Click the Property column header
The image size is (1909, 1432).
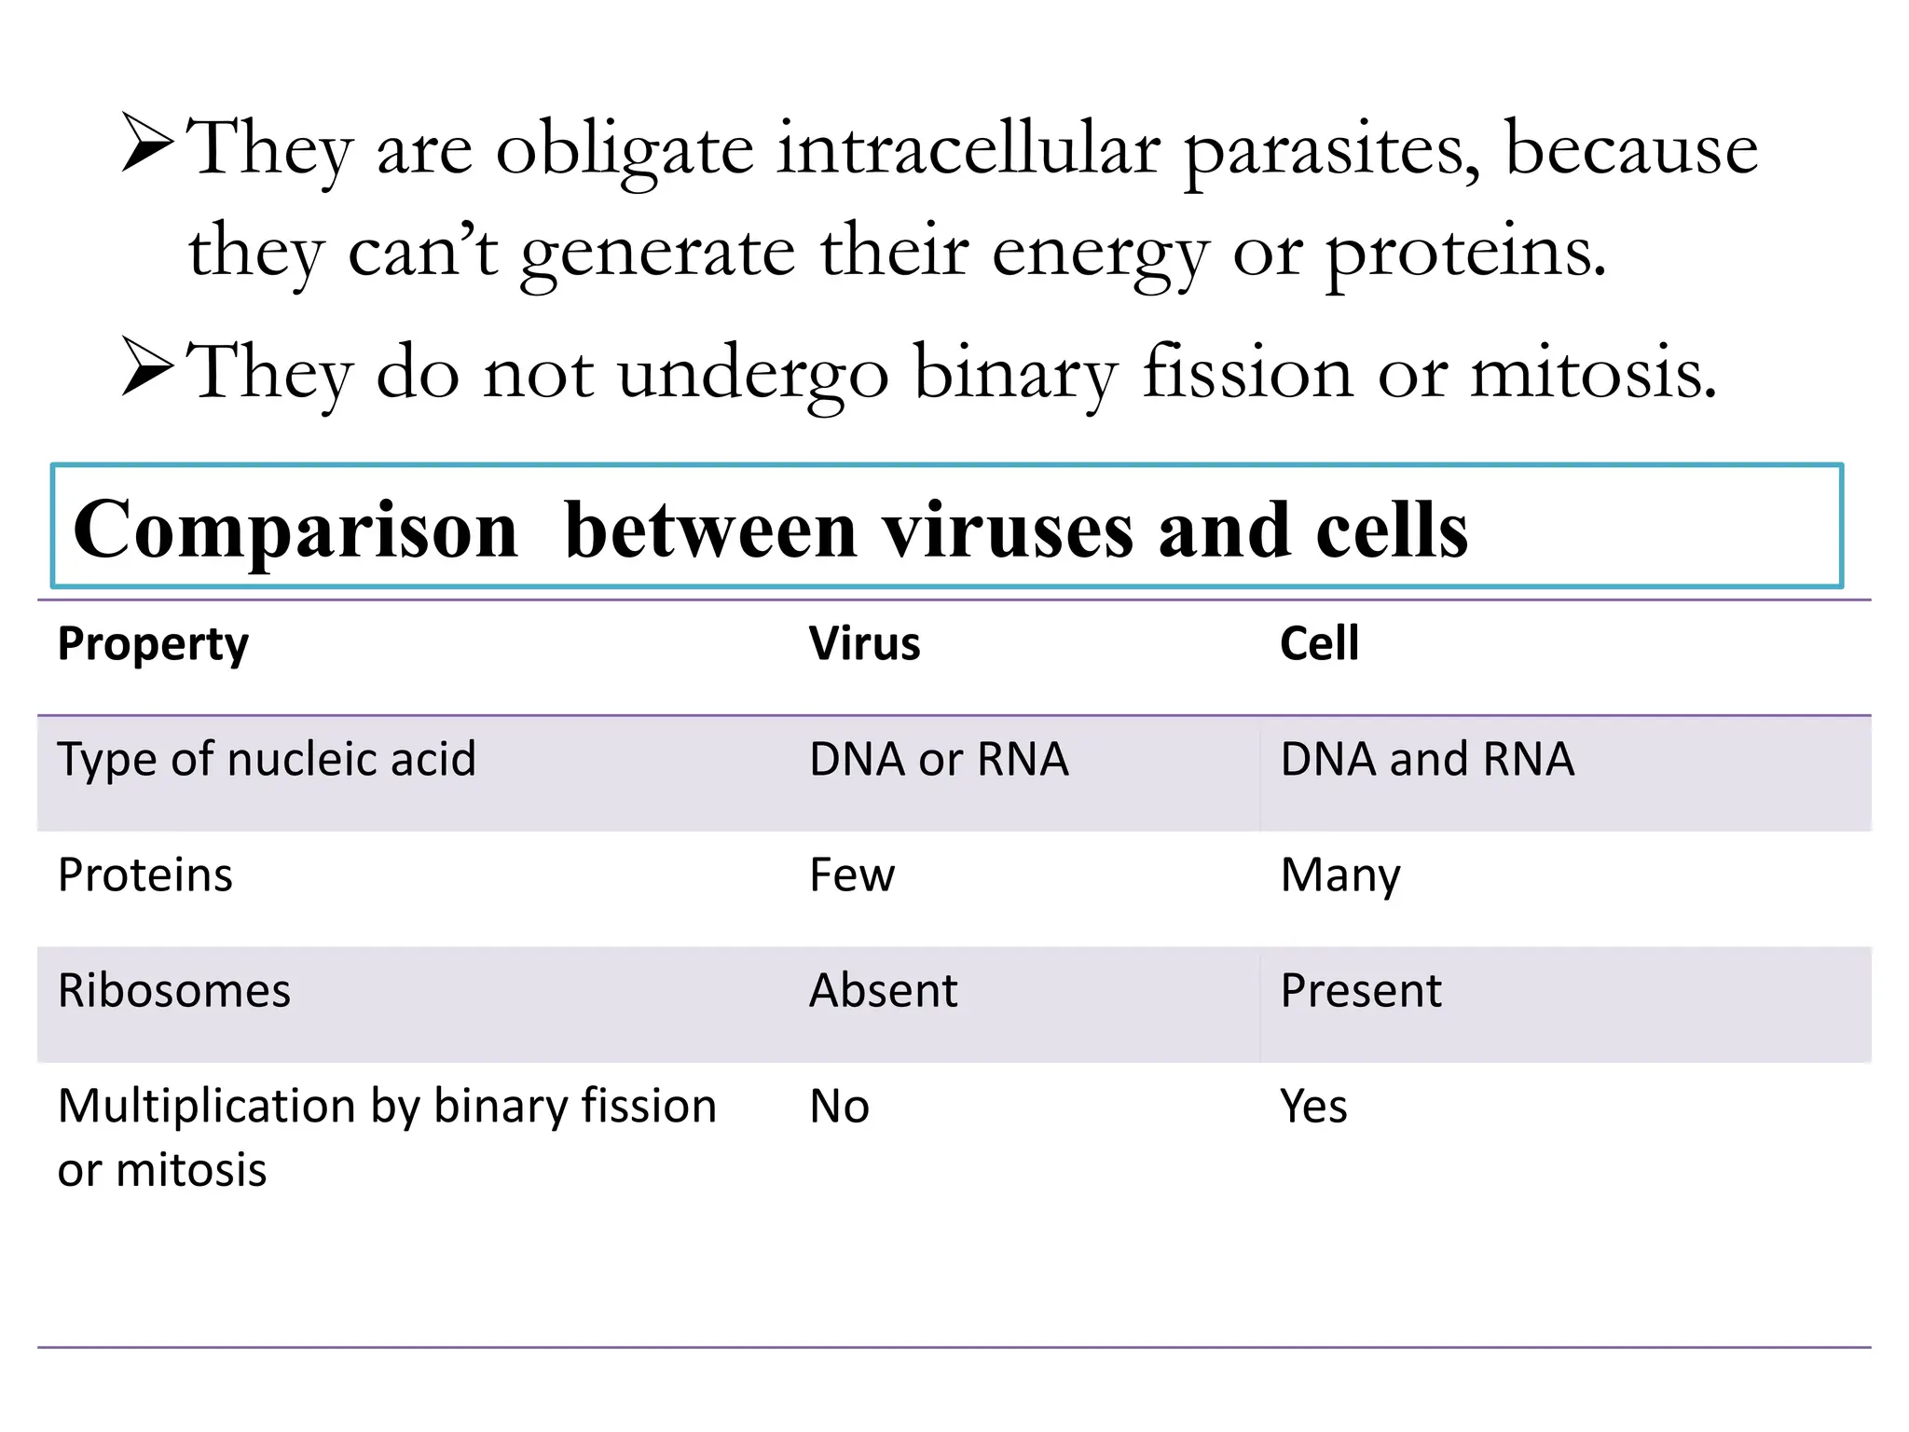click(153, 644)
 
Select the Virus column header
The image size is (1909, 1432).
click(864, 643)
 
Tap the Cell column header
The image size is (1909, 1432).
click(1319, 643)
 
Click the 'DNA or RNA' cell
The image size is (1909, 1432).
click(939, 759)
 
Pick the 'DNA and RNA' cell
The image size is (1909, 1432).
click(1427, 759)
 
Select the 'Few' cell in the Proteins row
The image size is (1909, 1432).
click(852, 874)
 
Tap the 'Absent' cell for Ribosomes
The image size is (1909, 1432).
click(883, 990)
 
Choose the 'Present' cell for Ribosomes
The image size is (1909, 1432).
click(1360, 990)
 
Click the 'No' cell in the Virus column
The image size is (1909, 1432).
click(839, 1107)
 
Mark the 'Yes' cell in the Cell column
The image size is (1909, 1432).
click(1312, 1107)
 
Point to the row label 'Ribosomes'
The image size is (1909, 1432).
click(174, 990)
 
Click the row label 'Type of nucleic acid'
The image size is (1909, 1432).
click(267, 760)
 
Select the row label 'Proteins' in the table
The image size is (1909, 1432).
click(145, 875)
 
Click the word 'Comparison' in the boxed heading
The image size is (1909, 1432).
click(295, 530)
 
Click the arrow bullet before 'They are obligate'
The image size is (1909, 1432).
click(147, 144)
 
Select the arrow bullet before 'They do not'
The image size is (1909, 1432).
click(147, 367)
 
